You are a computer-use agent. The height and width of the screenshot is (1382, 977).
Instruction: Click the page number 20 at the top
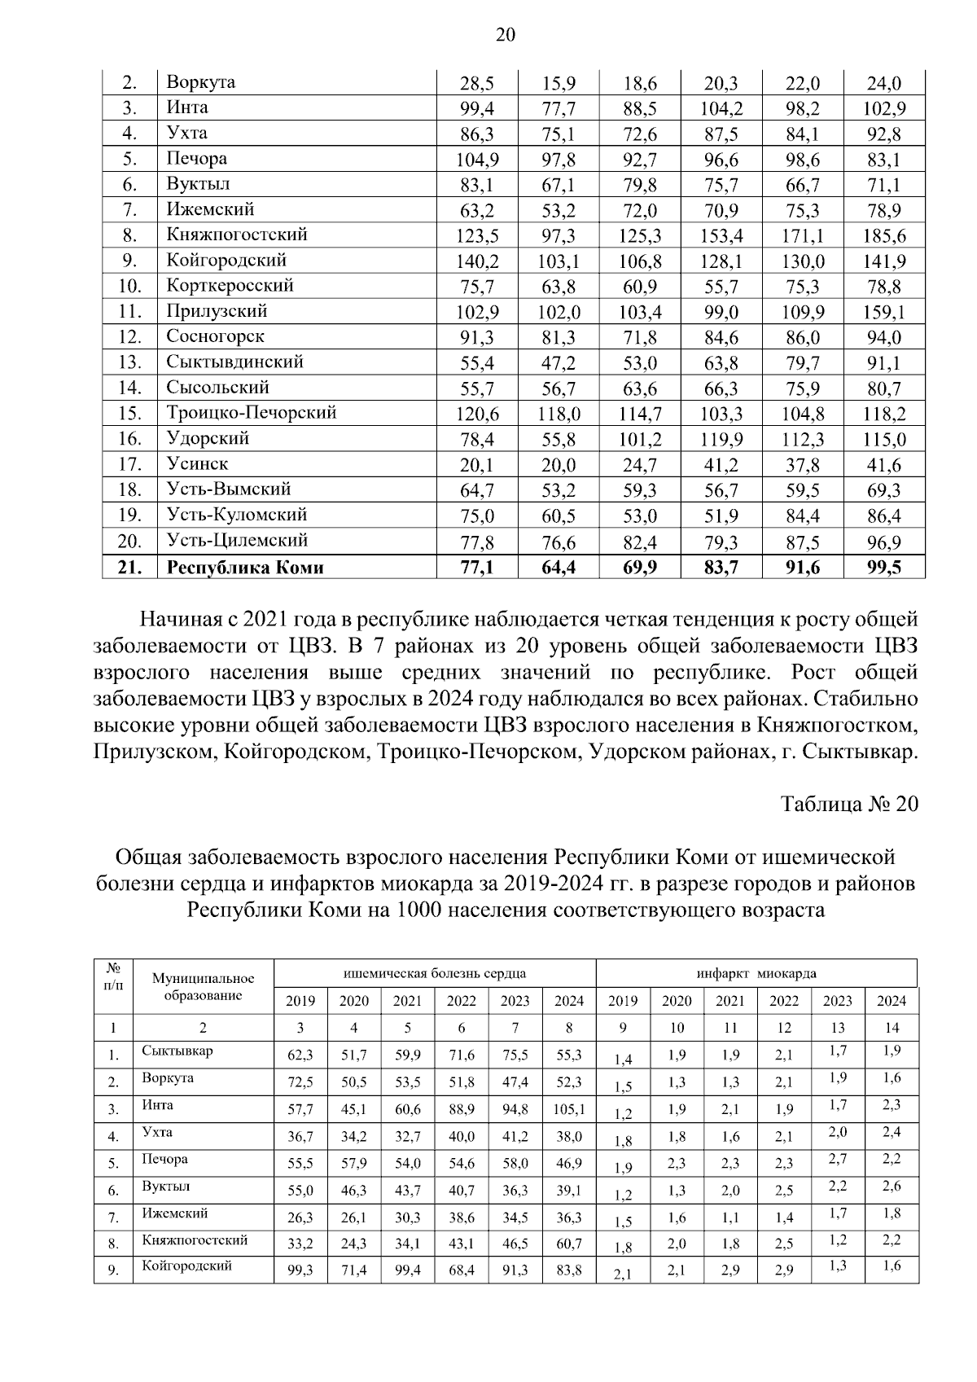coord(504,34)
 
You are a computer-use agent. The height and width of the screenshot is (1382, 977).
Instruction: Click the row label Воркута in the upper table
coord(200,82)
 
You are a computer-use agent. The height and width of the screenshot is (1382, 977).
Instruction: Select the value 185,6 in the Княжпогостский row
coord(884,237)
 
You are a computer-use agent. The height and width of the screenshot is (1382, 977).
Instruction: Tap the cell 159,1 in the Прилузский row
coord(884,313)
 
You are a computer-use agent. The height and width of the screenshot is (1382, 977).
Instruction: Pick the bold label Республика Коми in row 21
coord(244,568)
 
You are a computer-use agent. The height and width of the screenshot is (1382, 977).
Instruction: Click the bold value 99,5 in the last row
coord(884,568)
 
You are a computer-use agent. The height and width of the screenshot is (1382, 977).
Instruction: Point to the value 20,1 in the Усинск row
coord(477,466)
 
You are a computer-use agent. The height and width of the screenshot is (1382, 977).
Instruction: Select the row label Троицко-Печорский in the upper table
coord(251,413)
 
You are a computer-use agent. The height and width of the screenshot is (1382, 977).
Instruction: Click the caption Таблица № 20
coord(849,804)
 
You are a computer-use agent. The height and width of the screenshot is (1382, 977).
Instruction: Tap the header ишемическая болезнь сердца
coord(435,973)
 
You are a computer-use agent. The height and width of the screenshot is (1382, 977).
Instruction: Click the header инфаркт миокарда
coord(756,973)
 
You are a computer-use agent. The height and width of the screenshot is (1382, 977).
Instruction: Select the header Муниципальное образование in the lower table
coord(203,987)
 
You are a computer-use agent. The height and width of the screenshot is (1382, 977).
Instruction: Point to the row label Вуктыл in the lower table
coord(166,1187)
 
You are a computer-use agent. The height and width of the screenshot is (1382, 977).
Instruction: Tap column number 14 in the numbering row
coord(892,1028)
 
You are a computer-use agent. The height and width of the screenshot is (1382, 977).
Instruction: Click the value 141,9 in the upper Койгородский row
coord(884,262)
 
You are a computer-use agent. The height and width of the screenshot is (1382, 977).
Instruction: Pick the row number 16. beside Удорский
coord(129,440)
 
